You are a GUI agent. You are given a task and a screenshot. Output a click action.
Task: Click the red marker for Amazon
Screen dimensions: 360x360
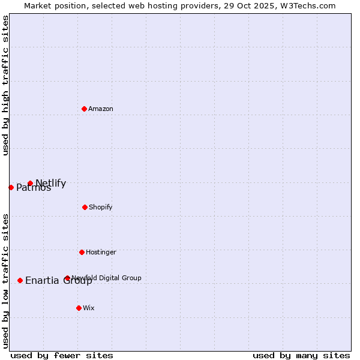pos(85,109)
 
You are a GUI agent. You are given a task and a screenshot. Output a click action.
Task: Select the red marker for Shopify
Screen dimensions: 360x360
pos(85,207)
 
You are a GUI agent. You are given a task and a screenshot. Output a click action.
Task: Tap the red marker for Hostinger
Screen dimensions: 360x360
pos(82,252)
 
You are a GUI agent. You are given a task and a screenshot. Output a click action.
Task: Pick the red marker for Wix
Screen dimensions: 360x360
pos(79,308)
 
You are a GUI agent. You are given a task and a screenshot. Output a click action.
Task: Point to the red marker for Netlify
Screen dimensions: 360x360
pos(30,184)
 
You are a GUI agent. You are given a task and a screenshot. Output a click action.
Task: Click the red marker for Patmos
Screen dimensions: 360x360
pos(11,187)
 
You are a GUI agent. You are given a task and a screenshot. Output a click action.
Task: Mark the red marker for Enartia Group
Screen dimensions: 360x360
pos(20,280)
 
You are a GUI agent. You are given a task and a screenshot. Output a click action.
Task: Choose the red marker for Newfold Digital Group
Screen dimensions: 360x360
pos(67,278)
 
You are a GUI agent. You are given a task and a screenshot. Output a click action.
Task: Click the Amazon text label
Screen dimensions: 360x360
pos(101,109)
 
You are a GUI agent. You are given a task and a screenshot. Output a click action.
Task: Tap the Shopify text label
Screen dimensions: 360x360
pos(101,207)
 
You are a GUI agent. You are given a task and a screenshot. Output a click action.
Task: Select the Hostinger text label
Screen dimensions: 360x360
pos(101,252)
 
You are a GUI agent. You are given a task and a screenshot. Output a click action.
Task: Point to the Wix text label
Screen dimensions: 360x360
pos(89,308)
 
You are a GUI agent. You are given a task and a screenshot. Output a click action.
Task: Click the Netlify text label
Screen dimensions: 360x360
pos(51,183)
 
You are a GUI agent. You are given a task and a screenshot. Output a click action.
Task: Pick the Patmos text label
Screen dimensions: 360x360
pos(34,188)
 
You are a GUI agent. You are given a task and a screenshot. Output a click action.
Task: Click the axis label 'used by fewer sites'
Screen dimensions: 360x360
pos(62,355)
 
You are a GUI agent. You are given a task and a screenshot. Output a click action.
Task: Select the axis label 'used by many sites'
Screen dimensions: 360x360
pos(301,355)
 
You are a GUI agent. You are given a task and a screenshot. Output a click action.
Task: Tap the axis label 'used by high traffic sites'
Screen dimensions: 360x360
pos(5,85)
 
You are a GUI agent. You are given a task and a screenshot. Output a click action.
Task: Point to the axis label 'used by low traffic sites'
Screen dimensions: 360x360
pos(5,281)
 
